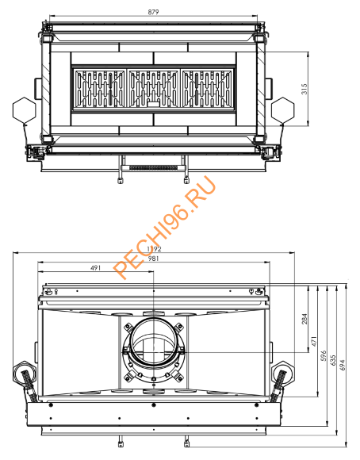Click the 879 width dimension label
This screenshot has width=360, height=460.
coord(153,10)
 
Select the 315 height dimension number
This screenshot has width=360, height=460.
coord(304,90)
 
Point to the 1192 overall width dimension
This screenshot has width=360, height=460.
coord(153,249)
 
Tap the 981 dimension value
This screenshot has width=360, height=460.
coord(153,258)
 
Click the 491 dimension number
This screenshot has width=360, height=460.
coord(95,267)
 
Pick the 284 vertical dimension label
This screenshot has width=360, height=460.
coord(304,319)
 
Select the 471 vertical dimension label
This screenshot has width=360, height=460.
coord(314,342)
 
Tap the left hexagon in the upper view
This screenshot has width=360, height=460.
coord(20,109)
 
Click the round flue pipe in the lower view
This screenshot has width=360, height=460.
coord(154,343)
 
